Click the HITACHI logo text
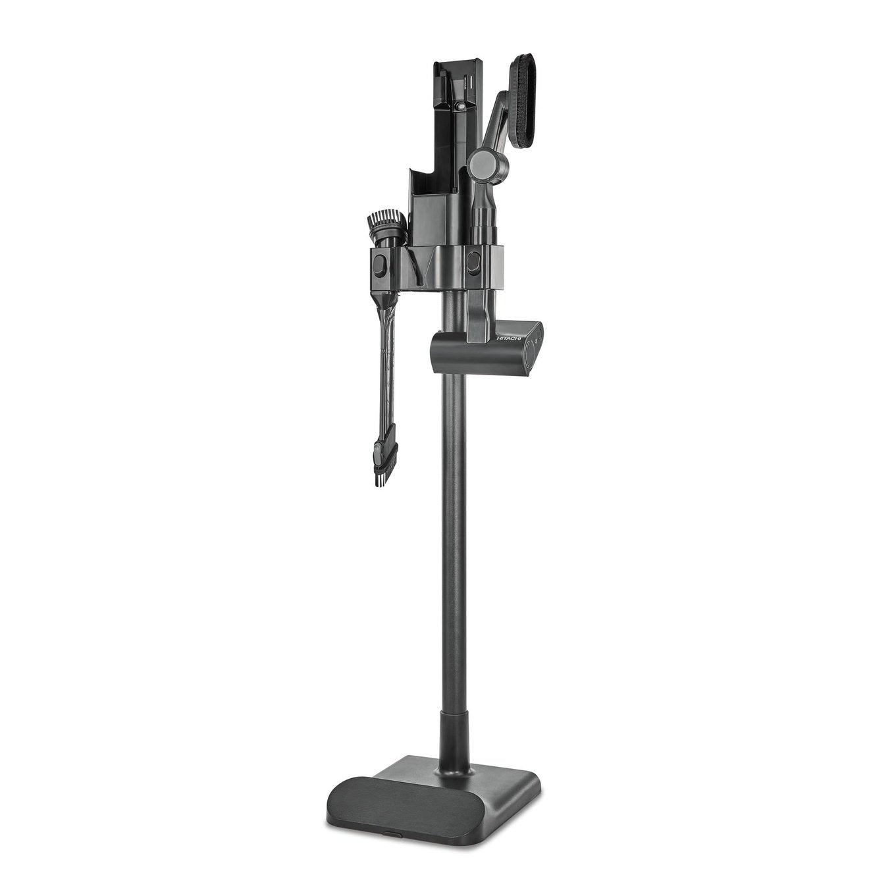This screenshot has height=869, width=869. (508, 337)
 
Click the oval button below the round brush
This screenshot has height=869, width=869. (379, 266)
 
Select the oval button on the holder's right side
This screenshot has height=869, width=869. (473, 263)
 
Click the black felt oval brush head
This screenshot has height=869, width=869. (523, 101)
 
